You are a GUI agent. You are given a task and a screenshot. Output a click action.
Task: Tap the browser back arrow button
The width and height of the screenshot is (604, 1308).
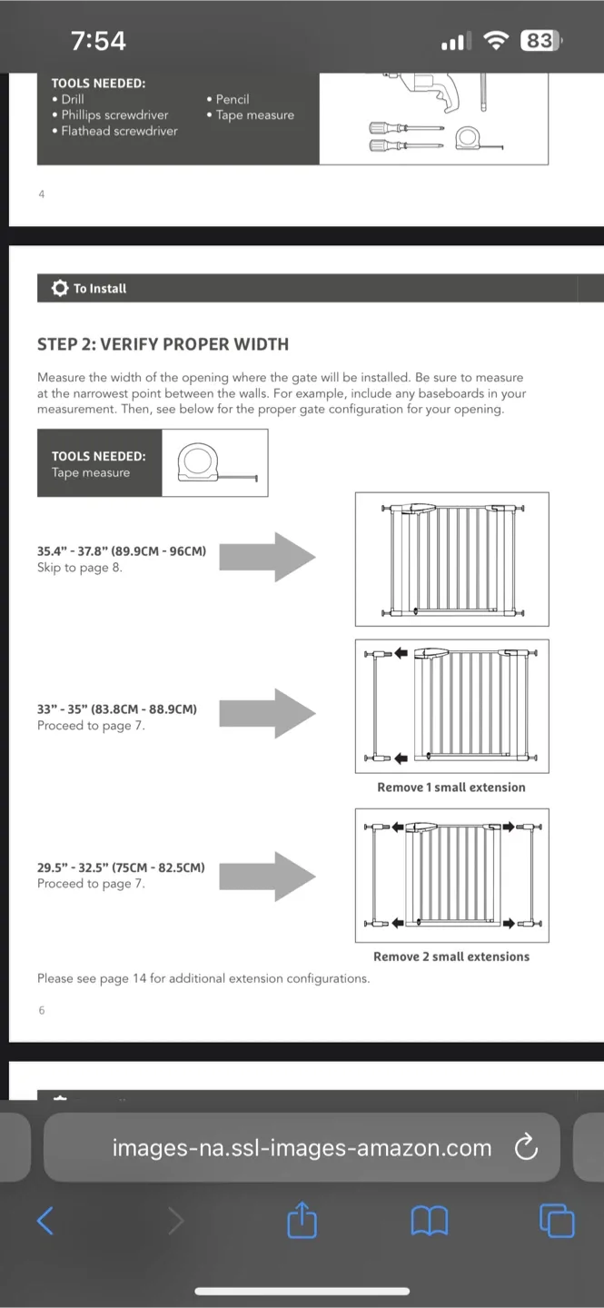(x=45, y=1221)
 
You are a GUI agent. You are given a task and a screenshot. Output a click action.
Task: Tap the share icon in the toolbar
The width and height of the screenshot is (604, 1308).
(x=302, y=1220)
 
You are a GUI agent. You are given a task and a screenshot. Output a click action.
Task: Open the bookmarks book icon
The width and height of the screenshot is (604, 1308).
(x=430, y=1221)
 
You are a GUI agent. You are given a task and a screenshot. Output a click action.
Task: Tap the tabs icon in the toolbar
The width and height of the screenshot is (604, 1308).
(x=557, y=1220)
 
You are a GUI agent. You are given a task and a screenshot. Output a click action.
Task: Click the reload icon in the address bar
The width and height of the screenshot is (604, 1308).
(x=526, y=1148)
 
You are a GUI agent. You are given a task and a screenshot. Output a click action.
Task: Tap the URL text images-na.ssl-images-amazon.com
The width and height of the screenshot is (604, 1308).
(x=302, y=1148)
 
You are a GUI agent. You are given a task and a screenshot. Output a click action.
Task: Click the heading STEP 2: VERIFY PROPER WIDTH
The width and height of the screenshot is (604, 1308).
(x=163, y=344)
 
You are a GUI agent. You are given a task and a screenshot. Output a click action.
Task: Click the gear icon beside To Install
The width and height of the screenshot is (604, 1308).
(x=60, y=288)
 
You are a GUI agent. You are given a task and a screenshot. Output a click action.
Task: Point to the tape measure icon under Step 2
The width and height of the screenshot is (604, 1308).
(x=213, y=463)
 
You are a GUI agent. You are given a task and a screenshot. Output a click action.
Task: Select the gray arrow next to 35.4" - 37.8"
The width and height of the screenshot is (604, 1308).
(x=268, y=557)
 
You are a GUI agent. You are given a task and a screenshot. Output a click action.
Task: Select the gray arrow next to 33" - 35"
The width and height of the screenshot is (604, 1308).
(x=268, y=714)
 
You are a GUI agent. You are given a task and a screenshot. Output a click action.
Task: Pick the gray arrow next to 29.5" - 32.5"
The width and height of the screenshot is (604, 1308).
(x=268, y=876)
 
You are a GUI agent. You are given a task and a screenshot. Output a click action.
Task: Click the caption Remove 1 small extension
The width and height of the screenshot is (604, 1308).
(x=451, y=788)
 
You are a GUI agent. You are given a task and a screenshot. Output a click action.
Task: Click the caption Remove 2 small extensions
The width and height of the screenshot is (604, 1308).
(x=451, y=956)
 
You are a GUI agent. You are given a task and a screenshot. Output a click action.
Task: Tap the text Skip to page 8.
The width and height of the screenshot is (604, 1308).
(x=80, y=568)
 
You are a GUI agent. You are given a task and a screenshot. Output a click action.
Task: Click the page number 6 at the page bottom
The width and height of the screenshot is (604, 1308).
(x=42, y=1010)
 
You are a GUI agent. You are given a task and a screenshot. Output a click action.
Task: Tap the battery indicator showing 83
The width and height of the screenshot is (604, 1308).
(x=540, y=41)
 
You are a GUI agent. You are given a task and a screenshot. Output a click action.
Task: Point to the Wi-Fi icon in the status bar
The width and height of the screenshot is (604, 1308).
(x=496, y=41)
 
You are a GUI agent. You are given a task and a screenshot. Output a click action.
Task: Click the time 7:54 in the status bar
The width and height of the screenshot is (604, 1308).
(x=98, y=41)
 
